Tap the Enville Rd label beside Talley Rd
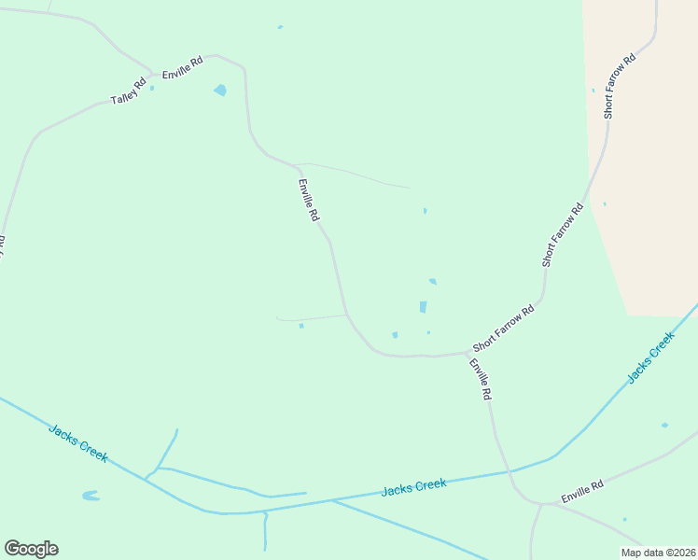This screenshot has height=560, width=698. point(182,67)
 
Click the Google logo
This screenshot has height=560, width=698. point(31,549)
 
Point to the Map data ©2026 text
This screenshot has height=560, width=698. point(658,553)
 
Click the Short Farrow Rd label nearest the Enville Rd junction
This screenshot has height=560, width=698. point(504,327)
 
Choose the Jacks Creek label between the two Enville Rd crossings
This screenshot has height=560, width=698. point(414,486)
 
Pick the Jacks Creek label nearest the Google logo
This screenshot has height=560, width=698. point(77,442)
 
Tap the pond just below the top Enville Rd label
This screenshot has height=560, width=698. point(220,91)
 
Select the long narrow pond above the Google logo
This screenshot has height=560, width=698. point(91,496)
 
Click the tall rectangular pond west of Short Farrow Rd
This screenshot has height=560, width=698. point(423,307)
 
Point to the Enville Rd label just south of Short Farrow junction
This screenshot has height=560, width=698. point(480,380)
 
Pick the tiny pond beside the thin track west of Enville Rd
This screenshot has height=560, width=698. point(300,326)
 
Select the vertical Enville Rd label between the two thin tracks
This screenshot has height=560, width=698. point(309,200)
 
